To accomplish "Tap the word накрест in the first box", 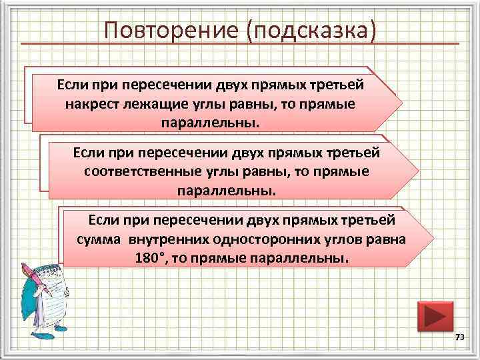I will pos(89,105).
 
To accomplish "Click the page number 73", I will pos(459,339).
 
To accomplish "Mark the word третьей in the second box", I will pos(358,153).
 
